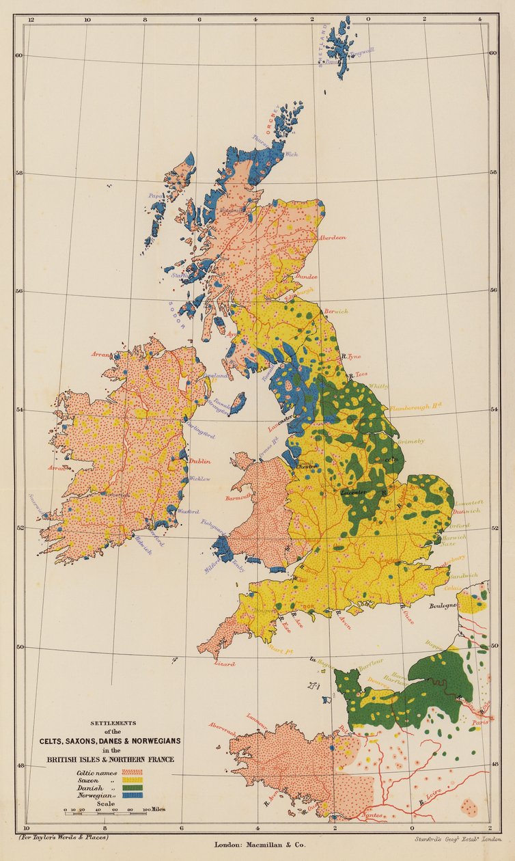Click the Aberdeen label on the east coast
tap(333, 238)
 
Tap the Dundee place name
tap(306, 277)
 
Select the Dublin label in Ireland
tap(200, 461)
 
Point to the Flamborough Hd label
tap(417, 407)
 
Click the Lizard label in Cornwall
tap(225, 664)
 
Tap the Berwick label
tap(336, 311)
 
